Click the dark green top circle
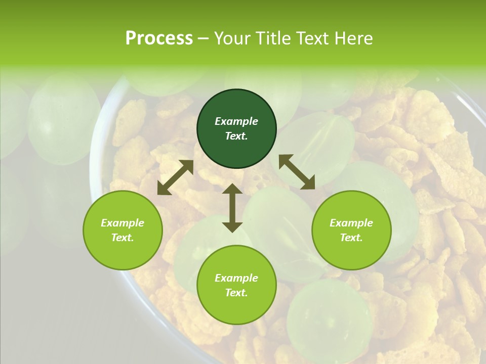[236, 129]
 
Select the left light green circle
[123, 231]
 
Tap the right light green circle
[351, 231]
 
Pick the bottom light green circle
[236, 285]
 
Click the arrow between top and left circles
[176, 177]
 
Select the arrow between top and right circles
[297, 172]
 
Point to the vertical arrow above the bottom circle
[232, 208]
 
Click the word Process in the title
[159, 38]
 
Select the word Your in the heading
[231, 38]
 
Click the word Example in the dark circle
[236, 121]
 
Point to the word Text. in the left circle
[123, 238]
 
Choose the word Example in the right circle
[351, 223]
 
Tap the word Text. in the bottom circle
[236, 293]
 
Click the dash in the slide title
[204, 39]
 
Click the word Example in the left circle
[123, 223]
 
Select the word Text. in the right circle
[351, 238]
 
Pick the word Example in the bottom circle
[236, 278]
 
